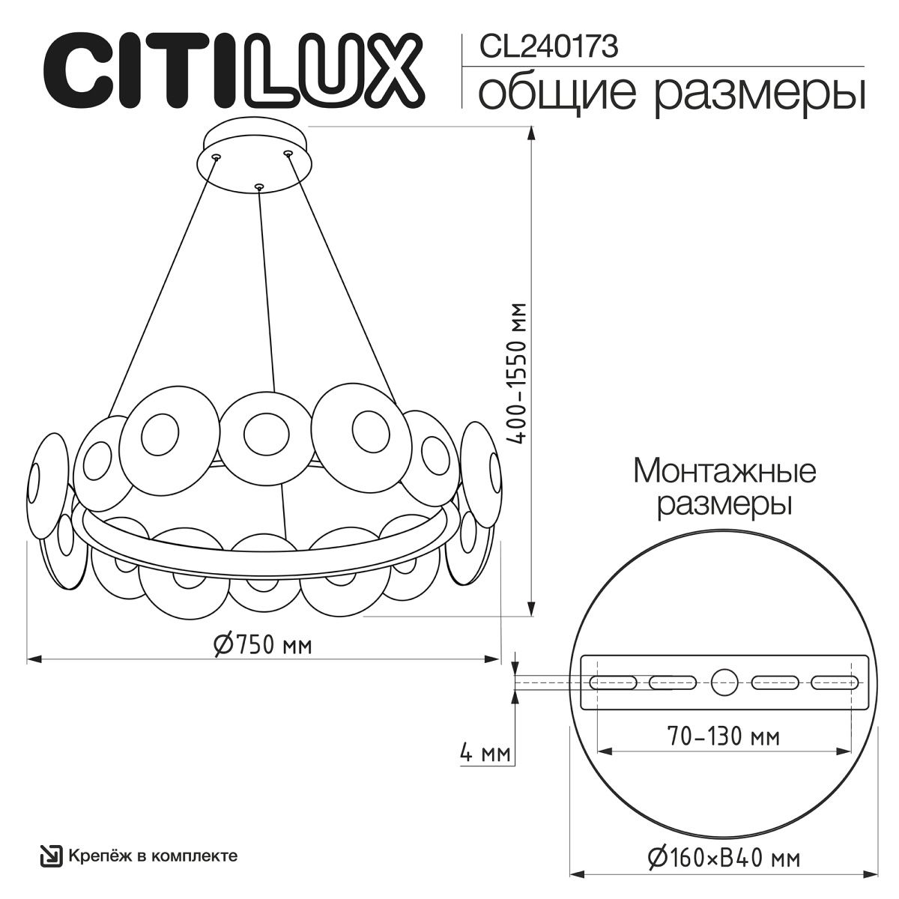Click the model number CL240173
point(548,47)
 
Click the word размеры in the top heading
point(760,97)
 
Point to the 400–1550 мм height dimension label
point(518,373)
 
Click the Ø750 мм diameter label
point(263,645)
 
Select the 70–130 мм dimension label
point(724,736)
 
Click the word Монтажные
point(724,472)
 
